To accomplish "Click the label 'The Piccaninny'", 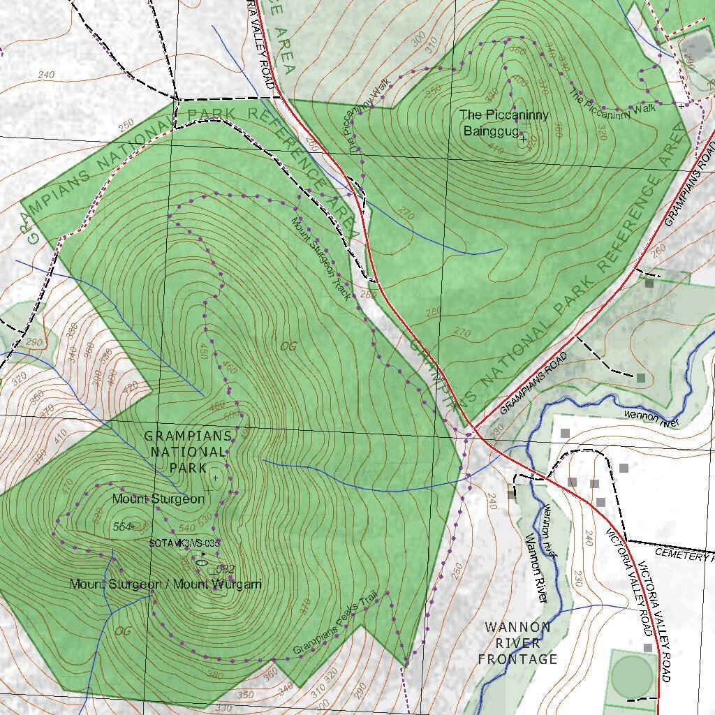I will click(503, 115).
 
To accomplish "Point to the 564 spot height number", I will click(121, 527).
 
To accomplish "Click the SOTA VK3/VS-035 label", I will click(184, 542).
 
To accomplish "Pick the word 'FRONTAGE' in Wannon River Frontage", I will click(517, 659).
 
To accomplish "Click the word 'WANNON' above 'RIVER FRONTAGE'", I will click(517, 627).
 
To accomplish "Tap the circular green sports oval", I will click(632, 673).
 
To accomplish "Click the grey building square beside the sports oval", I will click(648, 648).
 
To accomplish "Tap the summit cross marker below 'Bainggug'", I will click(522, 139).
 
